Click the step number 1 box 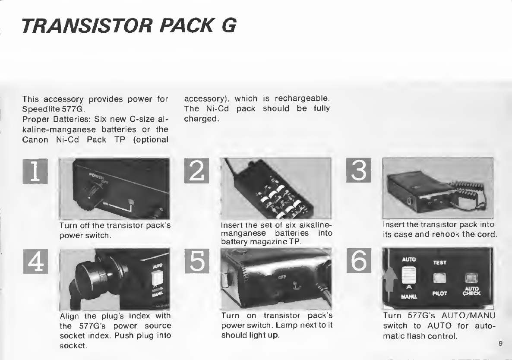pyautogui.click(x=35, y=171)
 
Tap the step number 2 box pyautogui.click(x=196, y=171)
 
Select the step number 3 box pyautogui.click(x=359, y=170)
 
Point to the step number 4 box pyautogui.click(x=35, y=261)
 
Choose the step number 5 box pyautogui.click(x=197, y=261)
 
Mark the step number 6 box pyautogui.click(x=359, y=260)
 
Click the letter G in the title pyautogui.click(x=229, y=26)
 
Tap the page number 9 pyautogui.click(x=501, y=343)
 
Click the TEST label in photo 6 pyautogui.click(x=439, y=262)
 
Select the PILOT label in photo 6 pyautogui.click(x=439, y=294)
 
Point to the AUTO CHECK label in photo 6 pyautogui.click(x=471, y=291)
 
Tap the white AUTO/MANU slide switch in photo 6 pyautogui.click(x=408, y=275)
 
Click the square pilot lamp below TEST pyautogui.click(x=439, y=278)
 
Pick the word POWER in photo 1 pyautogui.click(x=95, y=177)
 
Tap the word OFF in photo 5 pyautogui.click(x=282, y=277)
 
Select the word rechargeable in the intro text pyautogui.click(x=302, y=98)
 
